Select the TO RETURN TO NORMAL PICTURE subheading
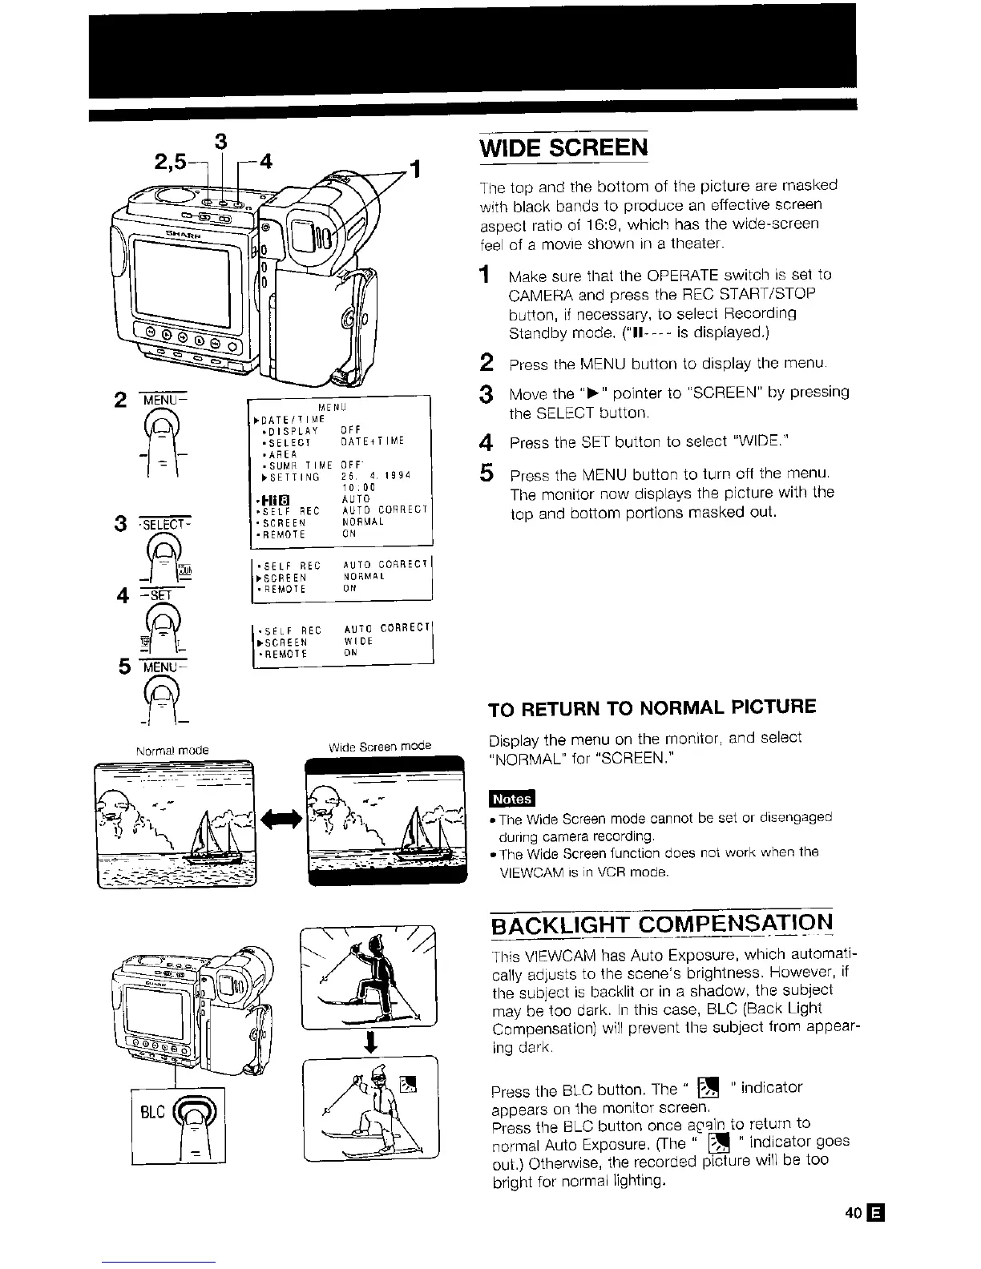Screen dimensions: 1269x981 652,707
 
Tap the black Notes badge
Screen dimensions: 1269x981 511,799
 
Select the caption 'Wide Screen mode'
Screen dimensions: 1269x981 380,746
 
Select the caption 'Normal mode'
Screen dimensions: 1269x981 172,750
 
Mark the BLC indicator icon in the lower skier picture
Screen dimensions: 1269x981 409,1085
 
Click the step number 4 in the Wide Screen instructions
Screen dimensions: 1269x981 484,442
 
